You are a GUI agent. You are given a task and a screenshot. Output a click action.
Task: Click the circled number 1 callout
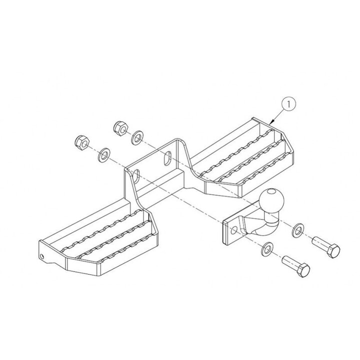tap(288, 104)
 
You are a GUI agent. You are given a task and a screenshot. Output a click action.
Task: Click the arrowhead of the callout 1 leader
tap(272, 121)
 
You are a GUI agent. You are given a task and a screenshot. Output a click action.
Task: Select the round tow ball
tap(271, 200)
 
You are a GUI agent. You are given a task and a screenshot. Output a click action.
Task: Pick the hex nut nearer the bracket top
tap(121, 128)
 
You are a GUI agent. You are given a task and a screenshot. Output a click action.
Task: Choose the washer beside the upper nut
tap(137, 137)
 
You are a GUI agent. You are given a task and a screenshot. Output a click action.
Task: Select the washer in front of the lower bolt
tap(267, 248)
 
